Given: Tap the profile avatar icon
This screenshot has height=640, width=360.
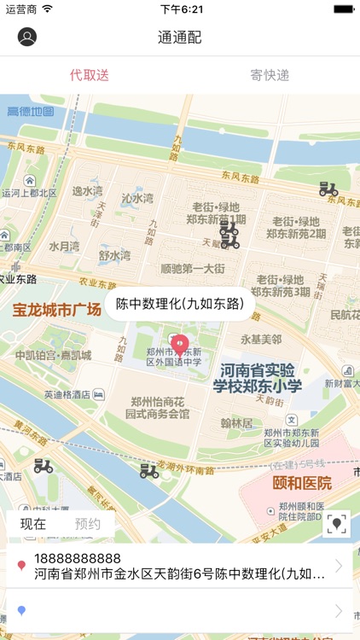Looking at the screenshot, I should (27, 38).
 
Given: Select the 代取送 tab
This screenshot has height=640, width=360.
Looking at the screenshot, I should (90, 75).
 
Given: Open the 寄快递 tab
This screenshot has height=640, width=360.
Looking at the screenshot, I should (270, 75).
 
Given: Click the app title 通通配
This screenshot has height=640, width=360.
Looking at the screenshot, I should (180, 38).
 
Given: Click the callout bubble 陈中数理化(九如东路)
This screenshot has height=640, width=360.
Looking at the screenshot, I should (179, 303).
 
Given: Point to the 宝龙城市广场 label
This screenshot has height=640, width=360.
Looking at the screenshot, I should (56, 308).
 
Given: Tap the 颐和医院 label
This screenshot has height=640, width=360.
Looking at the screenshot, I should (302, 483).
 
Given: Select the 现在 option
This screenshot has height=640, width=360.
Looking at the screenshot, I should (33, 524).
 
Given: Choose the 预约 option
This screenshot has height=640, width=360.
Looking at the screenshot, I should (87, 524).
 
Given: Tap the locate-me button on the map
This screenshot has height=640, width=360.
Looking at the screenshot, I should (338, 524).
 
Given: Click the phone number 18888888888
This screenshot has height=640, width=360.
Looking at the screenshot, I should (77, 558).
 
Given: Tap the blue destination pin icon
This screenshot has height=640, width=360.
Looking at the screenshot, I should (21, 610).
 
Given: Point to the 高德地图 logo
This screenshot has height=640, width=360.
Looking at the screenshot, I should (30, 112).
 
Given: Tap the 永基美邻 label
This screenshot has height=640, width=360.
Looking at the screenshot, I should (260, 339).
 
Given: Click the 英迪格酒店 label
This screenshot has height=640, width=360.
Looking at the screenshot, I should (68, 394).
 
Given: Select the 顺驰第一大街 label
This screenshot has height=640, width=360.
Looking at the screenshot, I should (192, 269).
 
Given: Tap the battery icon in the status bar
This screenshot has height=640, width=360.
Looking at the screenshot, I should (343, 9).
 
